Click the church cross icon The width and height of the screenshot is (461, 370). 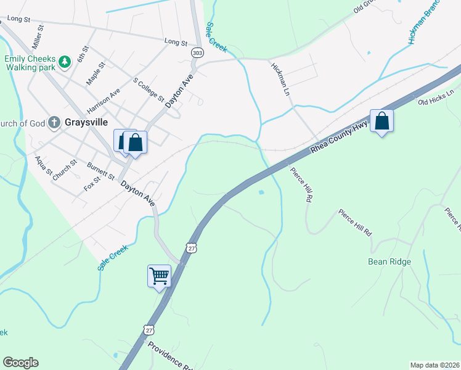[54, 123]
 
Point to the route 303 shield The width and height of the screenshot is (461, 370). [197, 54]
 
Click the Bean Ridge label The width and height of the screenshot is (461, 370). [390, 261]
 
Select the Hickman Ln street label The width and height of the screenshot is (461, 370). [280, 81]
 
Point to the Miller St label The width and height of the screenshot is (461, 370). [36, 37]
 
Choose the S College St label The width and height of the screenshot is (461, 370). [149, 90]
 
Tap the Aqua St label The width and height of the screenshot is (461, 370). [44, 165]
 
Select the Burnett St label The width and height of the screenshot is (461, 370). [101, 171]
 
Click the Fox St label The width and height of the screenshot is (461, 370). [92, 183]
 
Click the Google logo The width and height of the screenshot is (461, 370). [20, 363]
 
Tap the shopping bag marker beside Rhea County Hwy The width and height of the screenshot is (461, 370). [381, 121]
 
